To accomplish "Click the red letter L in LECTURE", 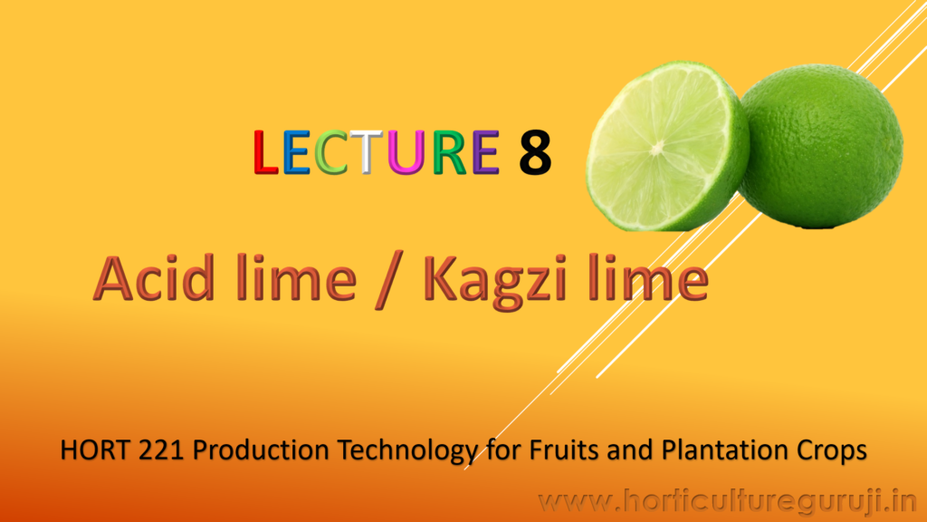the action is [x=265, y=152].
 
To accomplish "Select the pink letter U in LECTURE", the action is [x=406, y=152].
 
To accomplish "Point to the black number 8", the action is [x=535, y=152].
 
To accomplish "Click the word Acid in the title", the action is [x=154, y=277].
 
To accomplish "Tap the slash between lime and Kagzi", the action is [x=389, y=279].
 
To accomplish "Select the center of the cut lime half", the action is [x=657, y=149].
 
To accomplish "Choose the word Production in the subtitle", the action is [x=262, y=450].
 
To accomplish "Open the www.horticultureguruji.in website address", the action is [x=728, y=502].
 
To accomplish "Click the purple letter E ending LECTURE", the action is [x=485, y=152].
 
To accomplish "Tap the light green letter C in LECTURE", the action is [x=330, y=152].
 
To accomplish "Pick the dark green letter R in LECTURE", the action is [x=449, y=152].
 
